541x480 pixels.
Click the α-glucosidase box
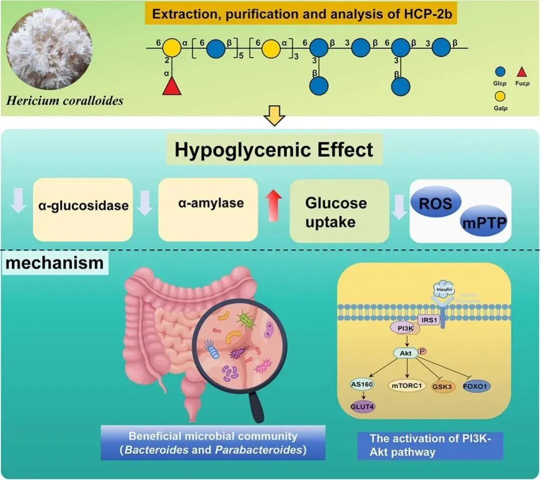(x=82, y=205)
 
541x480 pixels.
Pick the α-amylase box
(x=207, y=204)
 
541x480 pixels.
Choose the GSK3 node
(x=442, y=387)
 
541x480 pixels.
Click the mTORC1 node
(x=406, y=386)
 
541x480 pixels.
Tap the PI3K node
(x=401, y=328)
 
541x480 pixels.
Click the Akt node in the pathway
(x=405, y=353)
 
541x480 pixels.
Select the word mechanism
(x=55, y=263)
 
